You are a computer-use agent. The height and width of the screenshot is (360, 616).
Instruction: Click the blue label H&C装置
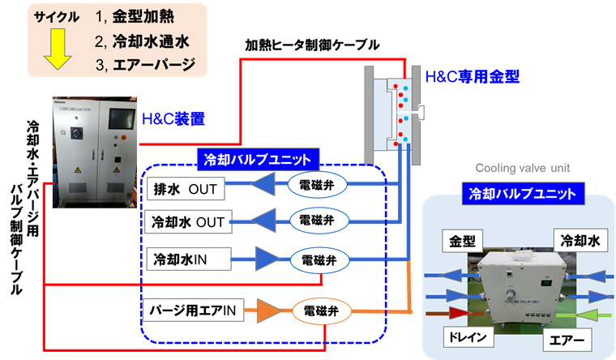click(173, 119)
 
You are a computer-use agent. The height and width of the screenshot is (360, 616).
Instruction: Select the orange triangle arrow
click(268, 310)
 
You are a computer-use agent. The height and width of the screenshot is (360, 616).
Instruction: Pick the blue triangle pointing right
click(266, 259)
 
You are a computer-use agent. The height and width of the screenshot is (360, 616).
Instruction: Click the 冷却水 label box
click(576, 241)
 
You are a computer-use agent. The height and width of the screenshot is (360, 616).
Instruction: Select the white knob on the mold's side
click(422, 110)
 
